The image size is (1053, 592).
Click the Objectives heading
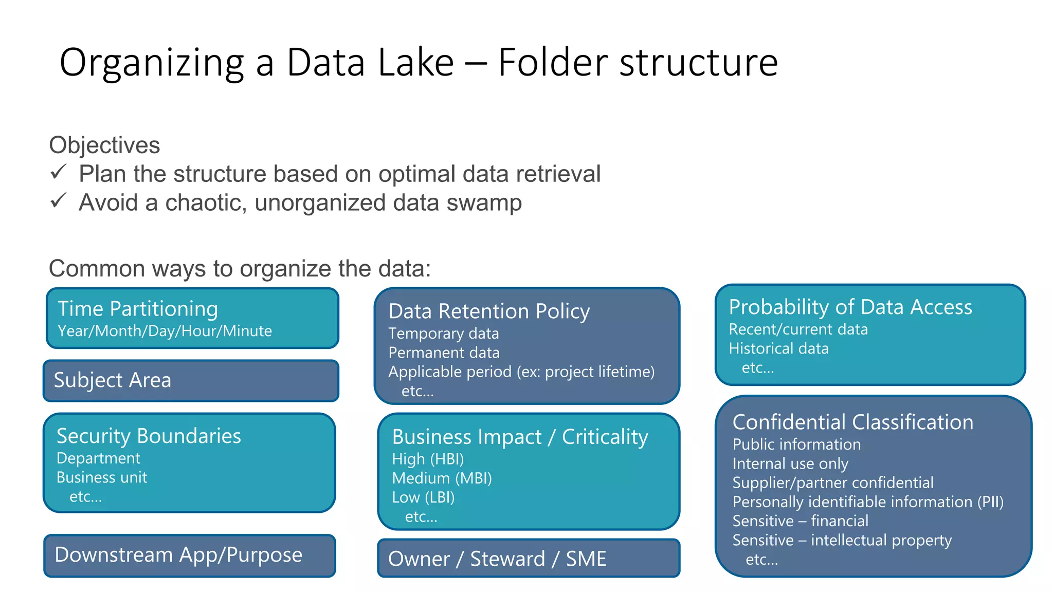tap(104, 145)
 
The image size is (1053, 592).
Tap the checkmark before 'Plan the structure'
tap(59, 172)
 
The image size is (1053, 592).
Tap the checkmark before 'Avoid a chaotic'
tap(59, 200)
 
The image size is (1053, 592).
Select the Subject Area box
tap(191, 381)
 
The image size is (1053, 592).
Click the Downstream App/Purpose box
tap(190, 556)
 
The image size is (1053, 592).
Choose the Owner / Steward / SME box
tap(528, 559)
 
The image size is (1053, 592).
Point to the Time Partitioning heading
tap(138, 309)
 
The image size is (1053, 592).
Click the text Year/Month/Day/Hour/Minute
tap(165, 331)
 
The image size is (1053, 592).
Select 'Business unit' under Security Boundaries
tap(102, 477)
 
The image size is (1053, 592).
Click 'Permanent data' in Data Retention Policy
tap(444, 353)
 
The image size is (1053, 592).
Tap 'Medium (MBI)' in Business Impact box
tap(442, 478)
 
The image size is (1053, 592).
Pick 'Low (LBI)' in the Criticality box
tap(423, 497)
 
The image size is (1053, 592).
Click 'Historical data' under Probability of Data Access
tap(778, 349)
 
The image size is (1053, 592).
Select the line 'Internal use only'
tap(790, 464)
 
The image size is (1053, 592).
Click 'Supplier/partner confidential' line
tap(832, 483)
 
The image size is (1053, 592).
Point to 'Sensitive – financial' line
tap(800, 521)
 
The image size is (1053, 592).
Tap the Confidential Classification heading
tap(852, 422)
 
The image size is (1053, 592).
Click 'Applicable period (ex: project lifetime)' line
tap(521, 372)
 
